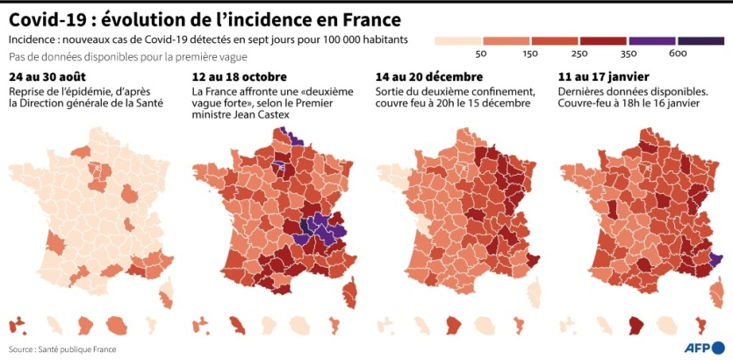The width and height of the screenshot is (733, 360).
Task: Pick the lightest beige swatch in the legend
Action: click(458, 40)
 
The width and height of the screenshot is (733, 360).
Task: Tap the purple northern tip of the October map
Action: click(285, 135)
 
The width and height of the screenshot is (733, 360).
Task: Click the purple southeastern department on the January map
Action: click(715, 258)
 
